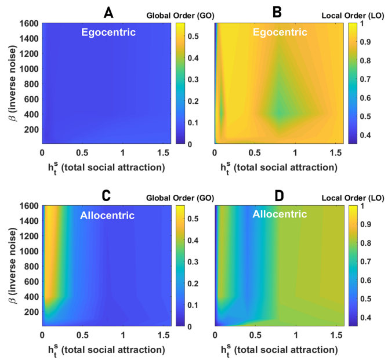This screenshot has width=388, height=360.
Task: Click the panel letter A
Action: pyautogui.click(x=107, y=12)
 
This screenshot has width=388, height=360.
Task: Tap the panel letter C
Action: pyautogui.click(x=107, y=195)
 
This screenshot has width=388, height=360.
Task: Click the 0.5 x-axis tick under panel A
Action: pyautogui.click(x=82, y=152)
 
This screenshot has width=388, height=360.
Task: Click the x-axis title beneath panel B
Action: pyautogui.click(x=279, y=168)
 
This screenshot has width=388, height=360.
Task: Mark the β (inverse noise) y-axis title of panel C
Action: pyautogui.click(x=9, y=266)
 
